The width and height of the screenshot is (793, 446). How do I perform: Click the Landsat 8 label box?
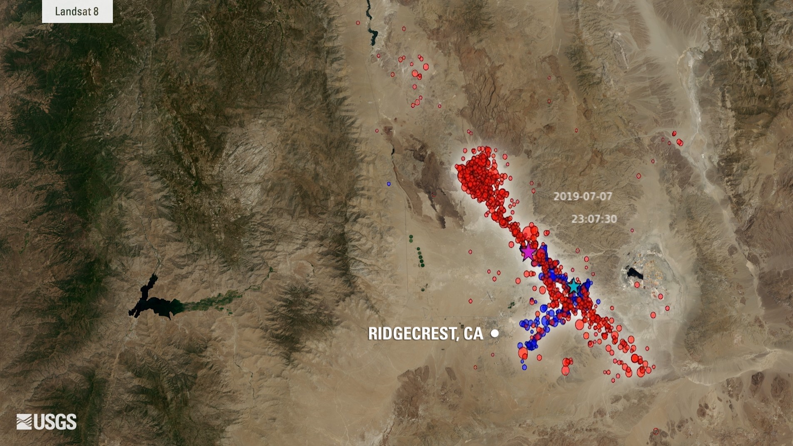[77, 11]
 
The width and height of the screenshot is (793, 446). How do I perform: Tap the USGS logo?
[47, 421]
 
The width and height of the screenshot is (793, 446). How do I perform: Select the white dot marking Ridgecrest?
[495, 333]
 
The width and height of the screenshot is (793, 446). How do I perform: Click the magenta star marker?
[528, 252]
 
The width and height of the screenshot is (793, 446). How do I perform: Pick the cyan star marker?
[574, 286]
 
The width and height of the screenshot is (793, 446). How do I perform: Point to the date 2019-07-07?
[583, 196]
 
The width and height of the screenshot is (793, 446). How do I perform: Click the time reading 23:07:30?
[594, 219]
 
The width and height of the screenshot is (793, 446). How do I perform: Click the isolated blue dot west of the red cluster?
[389, 184]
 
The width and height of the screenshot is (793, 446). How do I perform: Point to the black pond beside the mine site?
[634, 273]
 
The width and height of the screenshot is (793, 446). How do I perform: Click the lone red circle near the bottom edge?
[656, 431]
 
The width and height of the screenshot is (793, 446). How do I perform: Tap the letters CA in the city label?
[473, 333]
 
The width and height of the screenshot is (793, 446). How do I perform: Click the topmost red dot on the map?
[358, 23]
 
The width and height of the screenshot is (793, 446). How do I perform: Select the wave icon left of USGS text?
[24, 421]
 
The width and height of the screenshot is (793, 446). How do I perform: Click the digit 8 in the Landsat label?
[96, 11]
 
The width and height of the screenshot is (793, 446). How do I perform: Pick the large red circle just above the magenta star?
[531, 232]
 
